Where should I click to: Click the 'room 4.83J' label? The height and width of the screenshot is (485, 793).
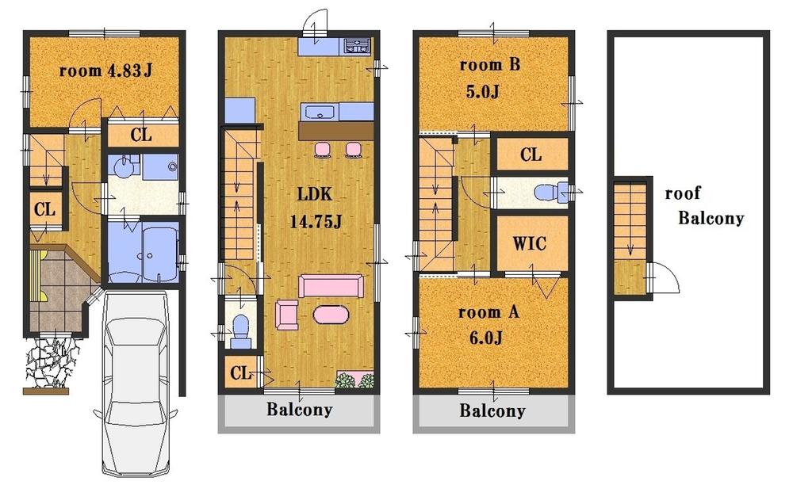(105, 71)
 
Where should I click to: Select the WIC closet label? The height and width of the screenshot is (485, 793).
(529, 244)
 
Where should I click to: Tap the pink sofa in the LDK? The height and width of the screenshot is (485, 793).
(331, 286)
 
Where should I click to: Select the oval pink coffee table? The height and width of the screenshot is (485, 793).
(331, 315)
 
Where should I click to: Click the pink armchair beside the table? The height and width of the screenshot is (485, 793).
(286, 315)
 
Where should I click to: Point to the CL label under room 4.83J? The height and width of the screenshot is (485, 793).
(141, 136)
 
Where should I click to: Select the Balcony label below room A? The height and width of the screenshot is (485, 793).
(492, 411)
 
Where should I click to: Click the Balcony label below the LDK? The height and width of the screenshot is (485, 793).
(299, 411)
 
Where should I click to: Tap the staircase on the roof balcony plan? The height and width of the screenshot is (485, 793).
(630, 230)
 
